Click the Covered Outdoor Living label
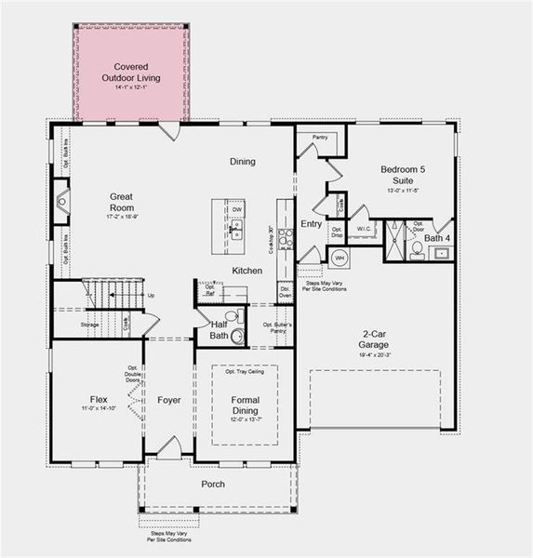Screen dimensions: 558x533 [x=131, y=73]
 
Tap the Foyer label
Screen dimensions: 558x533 [x=169, y=400]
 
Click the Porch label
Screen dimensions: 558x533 [x=214, y=485]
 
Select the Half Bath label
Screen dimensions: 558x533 [x=219, y=329]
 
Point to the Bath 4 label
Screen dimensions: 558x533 [x=437, y=239]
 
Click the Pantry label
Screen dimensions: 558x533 [x=320, y=138]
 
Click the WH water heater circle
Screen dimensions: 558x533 [x=340, y=257]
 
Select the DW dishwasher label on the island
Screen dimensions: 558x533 [x=237, y=210]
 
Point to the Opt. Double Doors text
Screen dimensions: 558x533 [x=132, y=374]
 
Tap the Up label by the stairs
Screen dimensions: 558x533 [x=151, y=296]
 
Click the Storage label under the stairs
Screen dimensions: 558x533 [x=89, y=325]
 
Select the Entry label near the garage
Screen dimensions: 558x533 [x=311, y=223]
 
